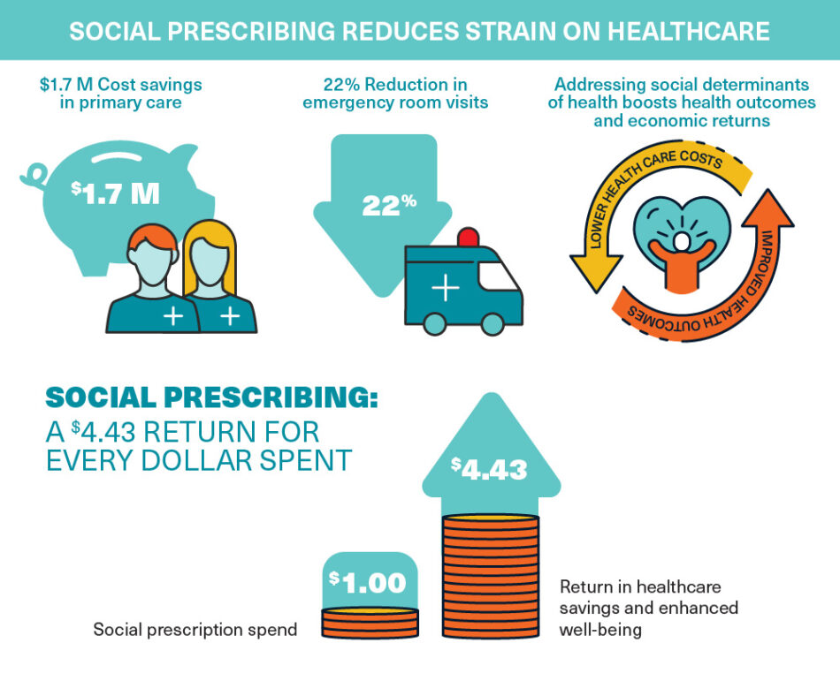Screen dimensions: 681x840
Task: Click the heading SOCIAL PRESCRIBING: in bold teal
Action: click(211, 397)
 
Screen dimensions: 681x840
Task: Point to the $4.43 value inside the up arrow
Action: click(489, 468)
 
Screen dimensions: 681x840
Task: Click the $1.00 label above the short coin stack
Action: click(368, 582)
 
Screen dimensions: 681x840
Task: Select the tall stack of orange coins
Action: click(490, 574)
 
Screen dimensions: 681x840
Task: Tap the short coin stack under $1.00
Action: click(369, 623)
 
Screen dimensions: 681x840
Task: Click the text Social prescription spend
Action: click(195, 630)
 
